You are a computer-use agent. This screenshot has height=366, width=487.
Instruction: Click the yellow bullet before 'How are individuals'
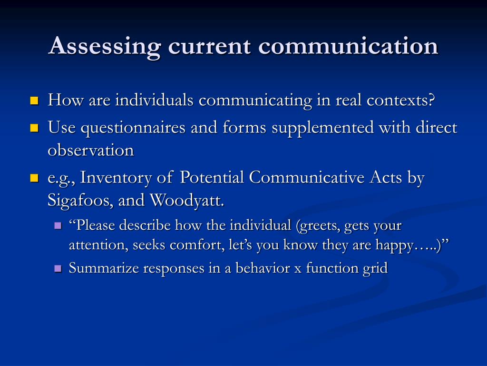(34, 101)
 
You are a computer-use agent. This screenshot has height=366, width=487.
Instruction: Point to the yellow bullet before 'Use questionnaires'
(34, 128)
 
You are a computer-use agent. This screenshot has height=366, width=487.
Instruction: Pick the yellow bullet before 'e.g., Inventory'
(34, 178)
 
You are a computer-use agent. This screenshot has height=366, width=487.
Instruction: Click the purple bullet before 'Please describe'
(58, 225)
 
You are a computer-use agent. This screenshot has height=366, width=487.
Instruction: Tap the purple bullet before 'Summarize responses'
(58, 268)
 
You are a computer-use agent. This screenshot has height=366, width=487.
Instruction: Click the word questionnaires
(133, 128)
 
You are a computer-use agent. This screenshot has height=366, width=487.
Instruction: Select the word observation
(91, 151)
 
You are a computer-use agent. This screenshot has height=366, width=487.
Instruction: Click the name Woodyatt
(187, 201)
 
